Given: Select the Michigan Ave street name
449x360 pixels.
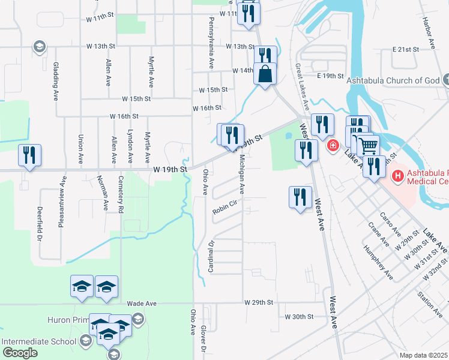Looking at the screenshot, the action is click(241, 175).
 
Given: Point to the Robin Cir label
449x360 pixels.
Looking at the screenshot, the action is click(226, 211).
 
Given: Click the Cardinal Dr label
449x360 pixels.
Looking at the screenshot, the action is click(211, 256).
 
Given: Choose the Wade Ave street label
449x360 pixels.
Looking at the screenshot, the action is click(142, 304).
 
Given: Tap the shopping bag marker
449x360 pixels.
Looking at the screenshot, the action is click(265, 75).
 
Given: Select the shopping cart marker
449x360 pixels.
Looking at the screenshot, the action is click(368, 145).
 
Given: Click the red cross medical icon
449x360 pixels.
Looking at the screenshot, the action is click(331, 145).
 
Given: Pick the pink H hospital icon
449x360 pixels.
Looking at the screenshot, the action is click(397, 176).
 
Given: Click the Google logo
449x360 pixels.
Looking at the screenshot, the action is click(20, 353).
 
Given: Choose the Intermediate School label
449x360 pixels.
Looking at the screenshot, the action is click(39, 341).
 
